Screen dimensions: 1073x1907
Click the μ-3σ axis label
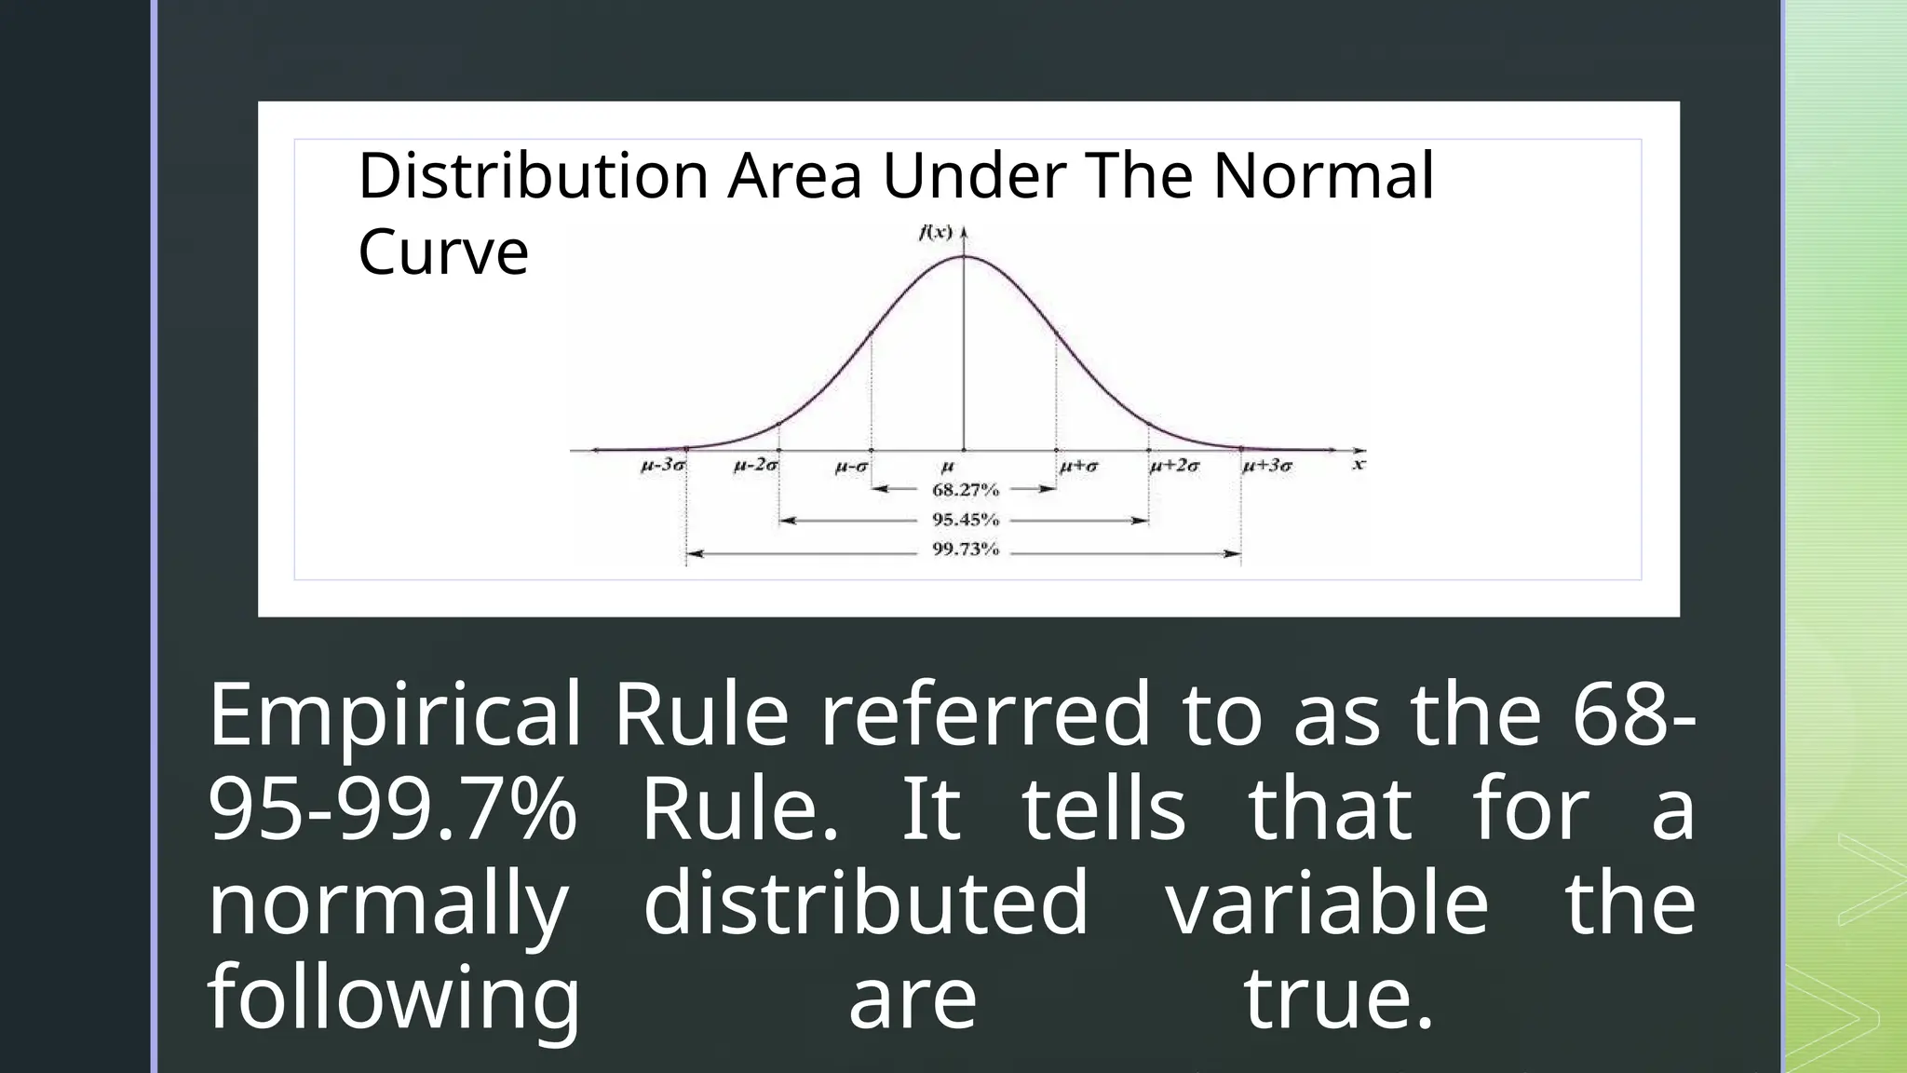[664, 465]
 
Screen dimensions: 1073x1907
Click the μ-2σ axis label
[756, 465]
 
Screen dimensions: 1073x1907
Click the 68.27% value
[965, 489]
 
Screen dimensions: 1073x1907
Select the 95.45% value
[965, 520]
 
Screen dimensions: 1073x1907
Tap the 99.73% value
[965, 550]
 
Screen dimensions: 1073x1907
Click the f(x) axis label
[935, 233]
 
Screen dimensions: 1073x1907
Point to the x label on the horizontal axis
[1359, 463]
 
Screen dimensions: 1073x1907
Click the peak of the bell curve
[964, 256]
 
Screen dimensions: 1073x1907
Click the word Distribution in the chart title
[533, 175]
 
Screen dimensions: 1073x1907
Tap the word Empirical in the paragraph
[395, 715]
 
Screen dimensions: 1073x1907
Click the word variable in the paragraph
[1328, 902]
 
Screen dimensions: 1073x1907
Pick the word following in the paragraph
[395, 998]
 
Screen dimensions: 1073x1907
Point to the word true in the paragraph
[1337, 998]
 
